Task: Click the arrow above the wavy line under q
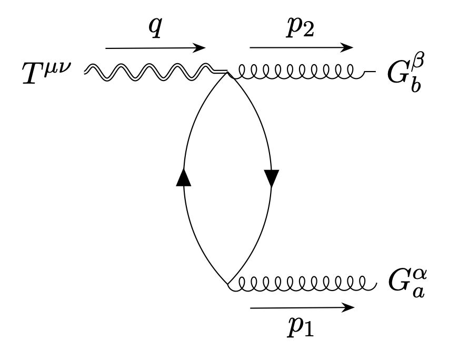155,48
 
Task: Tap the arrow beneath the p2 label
301,47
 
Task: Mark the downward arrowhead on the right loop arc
272,179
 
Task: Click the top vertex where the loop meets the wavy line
227,72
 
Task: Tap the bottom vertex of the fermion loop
227,284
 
